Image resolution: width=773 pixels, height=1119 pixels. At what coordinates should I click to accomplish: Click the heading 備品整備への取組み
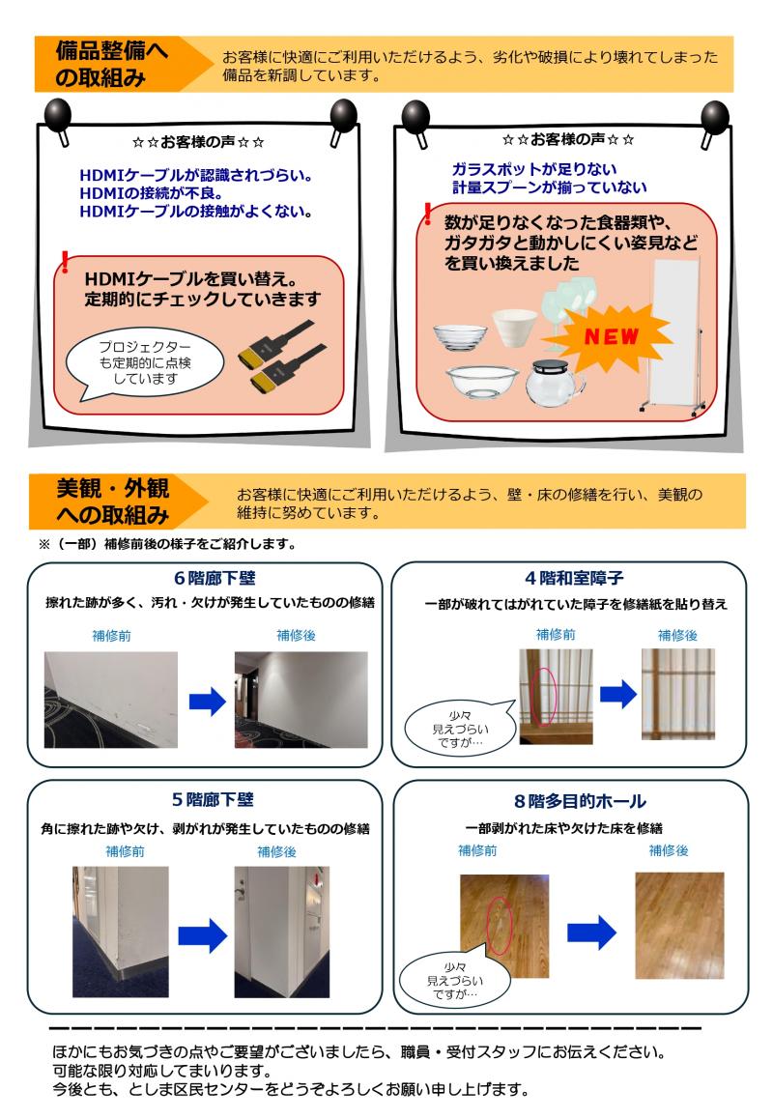111,64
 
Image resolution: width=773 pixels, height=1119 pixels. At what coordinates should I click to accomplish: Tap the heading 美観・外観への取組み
113,501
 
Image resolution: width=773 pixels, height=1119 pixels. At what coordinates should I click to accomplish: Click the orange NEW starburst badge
611,336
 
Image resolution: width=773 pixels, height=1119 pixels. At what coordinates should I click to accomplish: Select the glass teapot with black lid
555,384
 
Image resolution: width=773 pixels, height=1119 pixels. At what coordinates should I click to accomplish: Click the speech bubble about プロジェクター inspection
144,363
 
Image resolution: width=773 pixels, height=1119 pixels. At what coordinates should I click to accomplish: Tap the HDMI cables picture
281,357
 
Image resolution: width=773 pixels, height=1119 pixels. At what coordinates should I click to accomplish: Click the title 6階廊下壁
215,578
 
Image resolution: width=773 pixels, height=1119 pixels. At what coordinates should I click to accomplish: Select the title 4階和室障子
574,577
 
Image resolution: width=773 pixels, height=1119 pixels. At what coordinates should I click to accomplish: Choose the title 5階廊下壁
213,799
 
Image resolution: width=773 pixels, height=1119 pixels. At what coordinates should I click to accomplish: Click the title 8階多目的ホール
580,801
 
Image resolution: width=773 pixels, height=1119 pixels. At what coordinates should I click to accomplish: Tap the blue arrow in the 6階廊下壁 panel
207,703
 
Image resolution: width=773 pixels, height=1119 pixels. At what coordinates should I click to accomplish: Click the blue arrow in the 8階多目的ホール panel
591,932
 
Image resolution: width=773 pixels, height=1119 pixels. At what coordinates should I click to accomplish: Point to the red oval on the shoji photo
546,697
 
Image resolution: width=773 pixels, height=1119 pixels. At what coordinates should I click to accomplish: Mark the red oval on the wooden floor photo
500,926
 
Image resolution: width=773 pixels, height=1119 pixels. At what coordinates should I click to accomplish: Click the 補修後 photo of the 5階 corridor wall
282,932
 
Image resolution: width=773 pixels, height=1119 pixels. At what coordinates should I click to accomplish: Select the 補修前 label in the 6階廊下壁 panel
111,636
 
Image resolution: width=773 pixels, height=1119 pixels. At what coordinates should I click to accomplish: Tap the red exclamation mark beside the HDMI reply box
65,262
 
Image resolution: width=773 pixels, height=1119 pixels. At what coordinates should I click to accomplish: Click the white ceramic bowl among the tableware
515,327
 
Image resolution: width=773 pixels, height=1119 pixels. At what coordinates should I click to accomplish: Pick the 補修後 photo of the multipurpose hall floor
679,926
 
